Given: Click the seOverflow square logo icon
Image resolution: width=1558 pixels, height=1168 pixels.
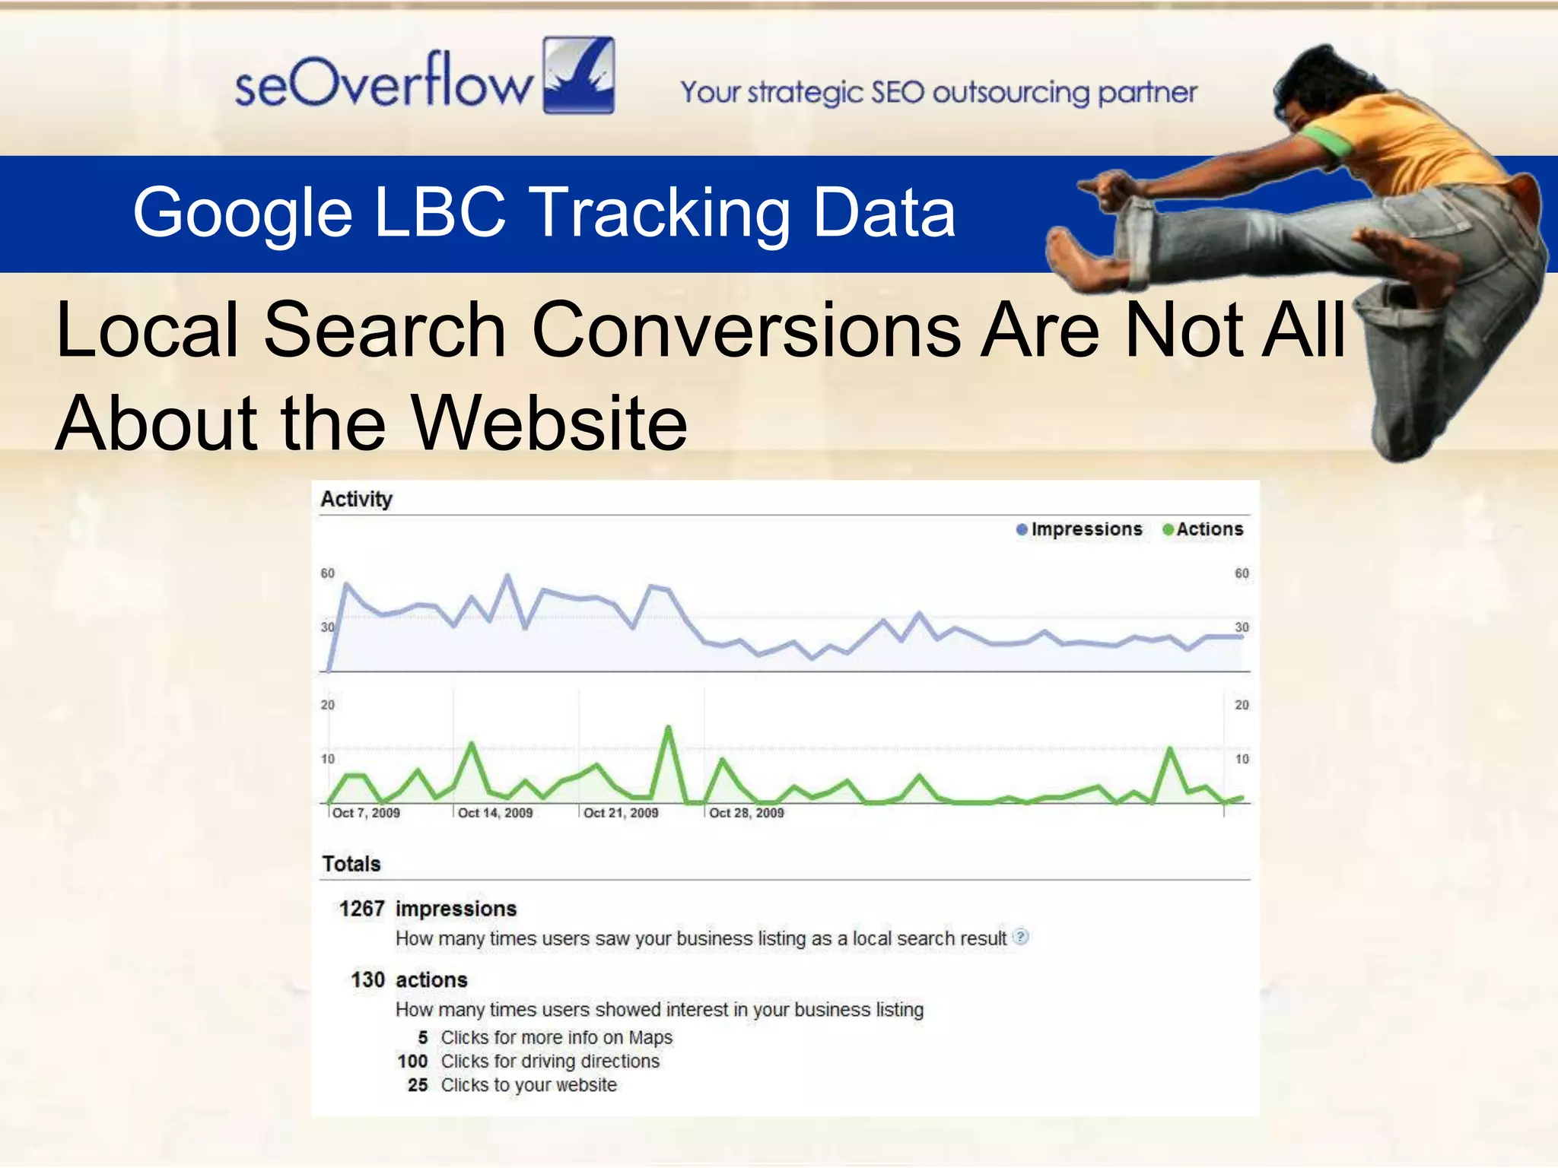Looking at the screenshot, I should click(x=578, y=75).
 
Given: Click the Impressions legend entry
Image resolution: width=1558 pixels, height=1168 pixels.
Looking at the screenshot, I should click(x=1079, y=529).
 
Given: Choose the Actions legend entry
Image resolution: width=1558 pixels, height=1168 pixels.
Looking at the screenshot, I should click(x=1203, y=529).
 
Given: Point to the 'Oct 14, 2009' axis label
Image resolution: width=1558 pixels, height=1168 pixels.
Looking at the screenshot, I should click(x=494, y=813).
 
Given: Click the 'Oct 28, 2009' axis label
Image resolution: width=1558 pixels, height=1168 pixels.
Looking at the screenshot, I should click(x=746, y=813).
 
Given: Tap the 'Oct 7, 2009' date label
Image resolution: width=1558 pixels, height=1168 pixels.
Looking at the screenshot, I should click(x=365, y=813).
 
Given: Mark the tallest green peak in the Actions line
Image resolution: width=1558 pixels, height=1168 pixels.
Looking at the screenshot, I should click(x=669, y=728).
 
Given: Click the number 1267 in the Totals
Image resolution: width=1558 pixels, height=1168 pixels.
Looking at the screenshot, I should click(x=361, y=909).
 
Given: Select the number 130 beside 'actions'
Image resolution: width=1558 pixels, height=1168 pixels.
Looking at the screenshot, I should click(x=367, y=979).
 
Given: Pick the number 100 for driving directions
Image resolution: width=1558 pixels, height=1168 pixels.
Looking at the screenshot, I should click(x=412, y=1061).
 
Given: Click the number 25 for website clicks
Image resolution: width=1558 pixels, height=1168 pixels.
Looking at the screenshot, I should click(x=418, y=1085).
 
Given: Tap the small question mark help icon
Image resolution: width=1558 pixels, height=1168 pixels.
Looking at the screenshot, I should click(x=1021, y=937).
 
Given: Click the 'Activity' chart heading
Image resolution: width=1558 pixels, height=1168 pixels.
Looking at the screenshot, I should click(x=356, y=499).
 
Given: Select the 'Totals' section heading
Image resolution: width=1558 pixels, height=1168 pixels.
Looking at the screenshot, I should click(x=351, y=864).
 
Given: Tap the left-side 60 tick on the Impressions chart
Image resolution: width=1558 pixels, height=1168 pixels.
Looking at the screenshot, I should click(x=327, y=573).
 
